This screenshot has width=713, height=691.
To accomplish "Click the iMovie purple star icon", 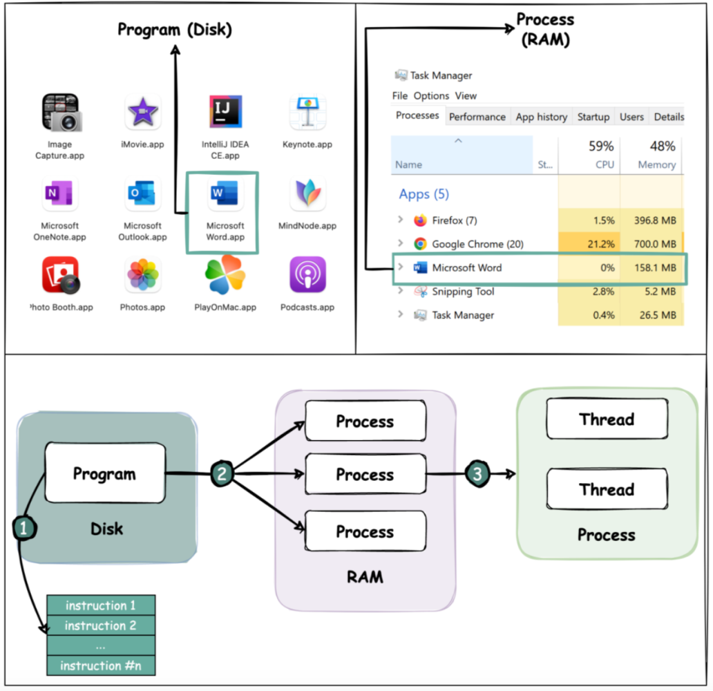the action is pyautogui.click(x=143, y=112).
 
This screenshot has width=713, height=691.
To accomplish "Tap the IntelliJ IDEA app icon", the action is pyautogui.click(x=225, y=111).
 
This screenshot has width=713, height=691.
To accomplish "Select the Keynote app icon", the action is pyautogui.click(x=308, y=112).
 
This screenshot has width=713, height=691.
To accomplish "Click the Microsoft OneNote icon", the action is pyautogui.click(x=59, y=193).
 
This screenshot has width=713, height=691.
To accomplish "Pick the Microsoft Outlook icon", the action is pyautogui.click(x=142, y=193).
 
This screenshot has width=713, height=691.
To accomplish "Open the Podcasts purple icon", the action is pyautogui.click(x=308, y=274).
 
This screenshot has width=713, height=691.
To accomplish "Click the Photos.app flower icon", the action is pyautogui.click(x=143, y=274).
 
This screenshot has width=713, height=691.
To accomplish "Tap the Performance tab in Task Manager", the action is pyautogui.click(x=477, y=117).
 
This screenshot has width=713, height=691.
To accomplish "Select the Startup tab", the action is pyautogui.click(x=593, y=117).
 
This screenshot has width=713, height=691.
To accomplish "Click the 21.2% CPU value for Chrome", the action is pyautogui.click(x=600, y=245).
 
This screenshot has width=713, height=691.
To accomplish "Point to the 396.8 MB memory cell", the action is pyautogui.click(x=655, y=220).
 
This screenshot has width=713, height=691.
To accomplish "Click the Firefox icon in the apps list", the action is pyautogui.click(x=420, y=220).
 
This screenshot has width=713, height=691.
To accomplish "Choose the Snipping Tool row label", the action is pyautogui.click(x=463, y=292).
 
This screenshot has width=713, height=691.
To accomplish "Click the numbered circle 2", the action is pyautogui.click(x=222, y=474).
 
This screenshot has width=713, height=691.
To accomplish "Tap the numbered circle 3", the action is pyautogui.click(x=477, y=474).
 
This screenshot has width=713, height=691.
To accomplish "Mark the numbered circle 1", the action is pyautogui.click(x=24, y=528).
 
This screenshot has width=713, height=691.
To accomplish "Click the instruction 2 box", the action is pyautogui.click(x=100, y=625).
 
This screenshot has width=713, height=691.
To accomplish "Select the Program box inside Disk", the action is pyautogui.click(x=105, y=473).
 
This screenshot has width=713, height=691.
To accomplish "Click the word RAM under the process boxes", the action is pyautogui.click(x=365, y=577).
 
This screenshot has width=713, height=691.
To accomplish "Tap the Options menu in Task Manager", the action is pyautogui.click(x=431, y=96).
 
